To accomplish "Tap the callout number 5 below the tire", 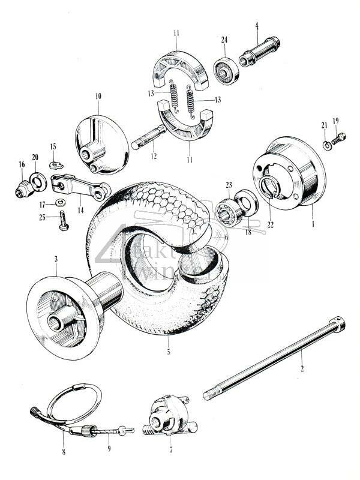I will tap(169, 352).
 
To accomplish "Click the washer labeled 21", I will tap(325, 145).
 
